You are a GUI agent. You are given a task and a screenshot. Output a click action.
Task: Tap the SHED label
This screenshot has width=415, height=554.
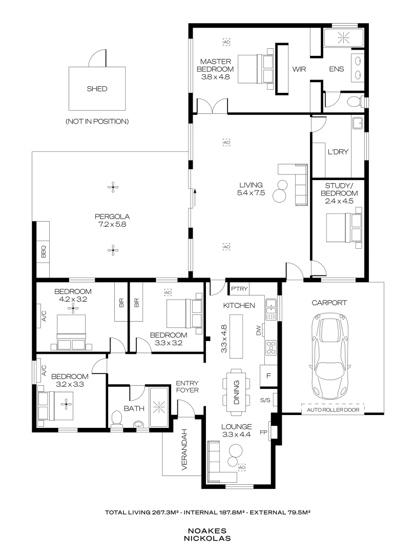tap(97, 89)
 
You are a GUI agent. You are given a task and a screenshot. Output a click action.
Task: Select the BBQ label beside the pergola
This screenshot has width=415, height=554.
tap(44, 251)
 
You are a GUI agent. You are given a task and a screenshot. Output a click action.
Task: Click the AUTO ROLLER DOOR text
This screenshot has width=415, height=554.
tap(333, 409)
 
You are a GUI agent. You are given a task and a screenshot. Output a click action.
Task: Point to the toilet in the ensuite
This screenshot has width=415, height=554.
tap(354, 101)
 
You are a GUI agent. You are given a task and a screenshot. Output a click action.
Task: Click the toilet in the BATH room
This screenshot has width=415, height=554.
tap(116, 419)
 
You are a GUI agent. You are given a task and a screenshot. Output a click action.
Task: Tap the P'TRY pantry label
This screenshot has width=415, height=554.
tap(239, 289)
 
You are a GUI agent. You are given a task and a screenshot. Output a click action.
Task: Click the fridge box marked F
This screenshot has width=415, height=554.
tap(268, 375)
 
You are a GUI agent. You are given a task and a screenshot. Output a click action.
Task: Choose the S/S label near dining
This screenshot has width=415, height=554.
tap(265, 400)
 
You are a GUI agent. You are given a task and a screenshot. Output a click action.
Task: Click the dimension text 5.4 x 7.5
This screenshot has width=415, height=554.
tap(250, 193)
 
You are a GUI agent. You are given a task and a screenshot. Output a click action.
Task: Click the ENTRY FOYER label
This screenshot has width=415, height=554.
tap(187, 386)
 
